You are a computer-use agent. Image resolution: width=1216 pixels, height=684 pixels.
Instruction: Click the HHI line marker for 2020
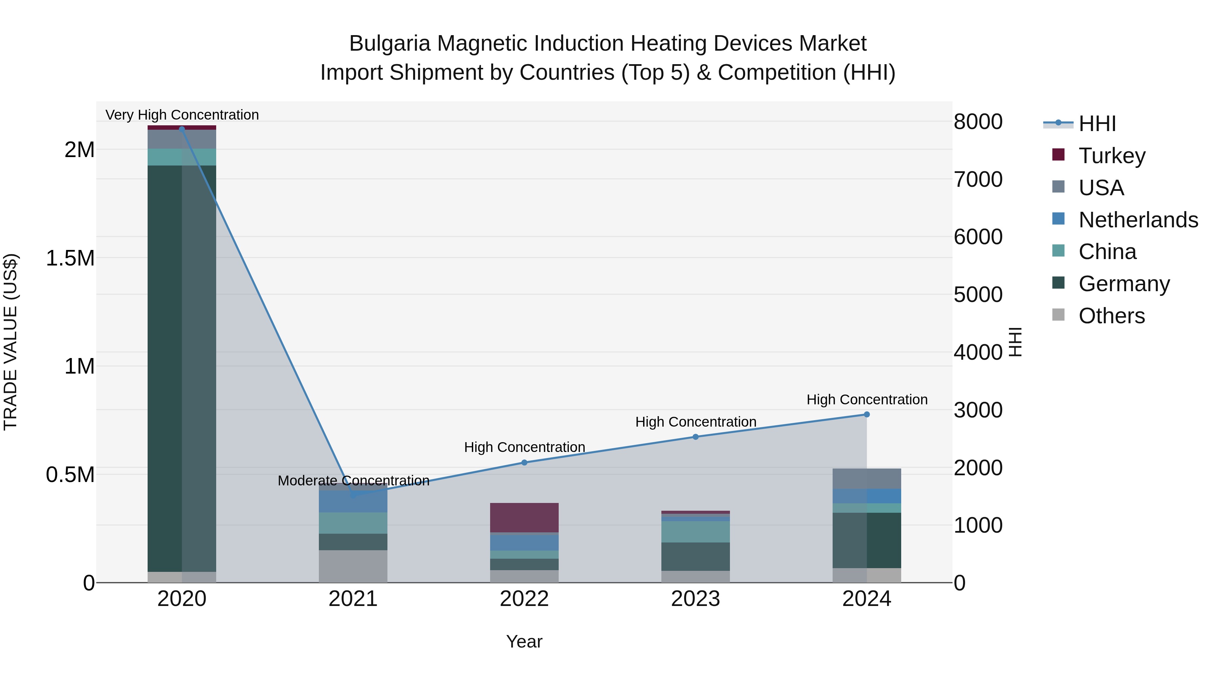(x=182, y=129)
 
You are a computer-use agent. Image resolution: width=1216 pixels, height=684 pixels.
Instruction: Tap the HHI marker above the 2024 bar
(x=867, y=414)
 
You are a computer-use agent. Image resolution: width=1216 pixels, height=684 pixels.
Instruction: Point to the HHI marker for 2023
(x=695, y=437)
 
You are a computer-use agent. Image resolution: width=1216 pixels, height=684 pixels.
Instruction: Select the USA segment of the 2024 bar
(x=867, y=479)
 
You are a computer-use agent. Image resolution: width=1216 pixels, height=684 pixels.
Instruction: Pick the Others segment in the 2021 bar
(x=353, y=566)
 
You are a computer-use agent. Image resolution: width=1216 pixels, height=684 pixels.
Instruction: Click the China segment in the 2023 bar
(x=695, y=532)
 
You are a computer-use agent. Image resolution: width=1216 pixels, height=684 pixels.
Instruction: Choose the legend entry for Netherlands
(x=1138, y=220)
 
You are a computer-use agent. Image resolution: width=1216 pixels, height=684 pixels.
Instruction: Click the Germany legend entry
(x=1124, y=284)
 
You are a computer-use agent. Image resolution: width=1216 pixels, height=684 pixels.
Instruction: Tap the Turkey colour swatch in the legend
(x=1058, y=155)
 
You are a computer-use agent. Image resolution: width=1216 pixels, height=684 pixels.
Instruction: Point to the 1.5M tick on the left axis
(x=70, y=258)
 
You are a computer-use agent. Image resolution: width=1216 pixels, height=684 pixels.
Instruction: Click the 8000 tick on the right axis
(x=978, y=122)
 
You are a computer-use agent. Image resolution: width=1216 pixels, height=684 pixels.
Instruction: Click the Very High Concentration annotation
(x=182, y=115)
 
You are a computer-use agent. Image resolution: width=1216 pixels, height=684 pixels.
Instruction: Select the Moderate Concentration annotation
(x=353, y=481)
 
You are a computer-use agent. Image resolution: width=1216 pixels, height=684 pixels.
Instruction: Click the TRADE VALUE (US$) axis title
(x=10, y=342)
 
